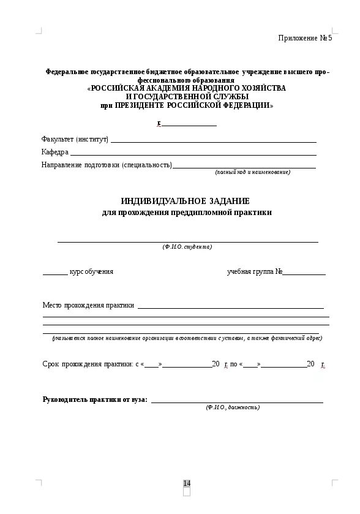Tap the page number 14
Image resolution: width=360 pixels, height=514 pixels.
[187, 483]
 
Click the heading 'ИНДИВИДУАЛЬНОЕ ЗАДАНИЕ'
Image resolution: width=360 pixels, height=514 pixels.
[185, 201]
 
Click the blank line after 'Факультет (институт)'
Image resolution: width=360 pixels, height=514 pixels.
[213, 142]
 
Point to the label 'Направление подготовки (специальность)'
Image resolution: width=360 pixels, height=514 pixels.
[107, 165]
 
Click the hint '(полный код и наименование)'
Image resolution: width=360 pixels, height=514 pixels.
[252, 172]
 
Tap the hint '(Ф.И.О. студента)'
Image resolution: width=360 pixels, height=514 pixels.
[187, 247]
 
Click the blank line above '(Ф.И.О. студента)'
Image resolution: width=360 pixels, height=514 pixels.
[187, 241]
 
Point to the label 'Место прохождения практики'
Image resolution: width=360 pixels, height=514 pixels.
[88, 304]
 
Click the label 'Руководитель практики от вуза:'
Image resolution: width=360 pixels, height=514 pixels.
[95, 399]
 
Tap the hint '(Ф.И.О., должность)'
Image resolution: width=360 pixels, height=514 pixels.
[233, 407]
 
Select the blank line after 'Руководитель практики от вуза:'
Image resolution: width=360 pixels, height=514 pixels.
[237, 402]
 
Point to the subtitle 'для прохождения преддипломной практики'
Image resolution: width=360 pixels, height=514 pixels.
[186, 213]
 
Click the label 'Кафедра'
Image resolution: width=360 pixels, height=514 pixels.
[55, 152]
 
